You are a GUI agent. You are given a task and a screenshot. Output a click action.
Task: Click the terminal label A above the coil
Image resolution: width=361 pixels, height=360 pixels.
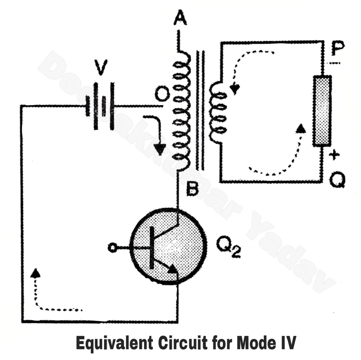(x=180, y=19)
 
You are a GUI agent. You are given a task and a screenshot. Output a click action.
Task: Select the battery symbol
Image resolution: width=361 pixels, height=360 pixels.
(x=100, y=106)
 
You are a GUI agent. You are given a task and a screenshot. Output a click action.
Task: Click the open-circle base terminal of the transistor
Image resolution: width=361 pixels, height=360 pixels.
(x=112, y=248)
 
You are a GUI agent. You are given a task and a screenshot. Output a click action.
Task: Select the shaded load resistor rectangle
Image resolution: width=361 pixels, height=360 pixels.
(x=322, y=111)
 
